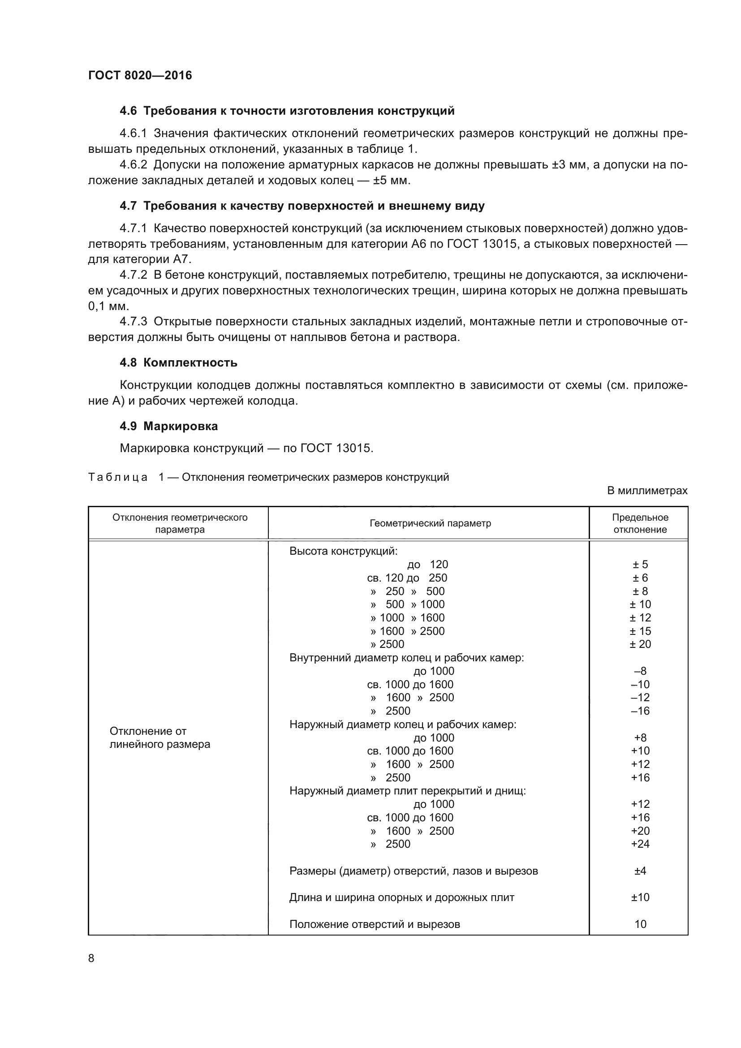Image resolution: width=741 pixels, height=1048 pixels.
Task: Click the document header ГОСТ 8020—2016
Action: point(140,75)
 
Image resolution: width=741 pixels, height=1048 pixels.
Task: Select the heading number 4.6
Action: point(128,111)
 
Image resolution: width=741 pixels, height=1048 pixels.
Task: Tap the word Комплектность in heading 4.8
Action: point(190,362)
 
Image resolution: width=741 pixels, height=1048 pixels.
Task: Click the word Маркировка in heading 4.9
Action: point(181,426)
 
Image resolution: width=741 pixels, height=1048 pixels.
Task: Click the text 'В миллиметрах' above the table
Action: point(647,491)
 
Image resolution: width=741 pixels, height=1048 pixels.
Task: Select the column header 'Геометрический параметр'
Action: point(430,523)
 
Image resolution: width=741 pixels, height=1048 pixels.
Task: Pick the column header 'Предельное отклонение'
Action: point(640,523)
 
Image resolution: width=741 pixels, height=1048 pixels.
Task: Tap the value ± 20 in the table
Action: point(640,644)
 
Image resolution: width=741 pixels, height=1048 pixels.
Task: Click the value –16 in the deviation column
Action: point(640,711)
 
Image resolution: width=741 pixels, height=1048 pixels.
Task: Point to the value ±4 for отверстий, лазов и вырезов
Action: point(640,871)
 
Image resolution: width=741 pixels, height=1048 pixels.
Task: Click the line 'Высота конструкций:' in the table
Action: point(343,551)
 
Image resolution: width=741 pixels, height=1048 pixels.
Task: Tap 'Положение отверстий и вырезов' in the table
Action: point(374,924)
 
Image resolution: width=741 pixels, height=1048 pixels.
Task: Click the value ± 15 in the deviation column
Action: point(640,631)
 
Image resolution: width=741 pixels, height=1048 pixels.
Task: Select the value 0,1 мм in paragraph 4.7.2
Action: point(108,306)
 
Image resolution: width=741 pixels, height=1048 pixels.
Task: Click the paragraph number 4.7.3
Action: point(133,322)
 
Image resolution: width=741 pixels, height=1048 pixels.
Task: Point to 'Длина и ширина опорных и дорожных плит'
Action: point(401,897)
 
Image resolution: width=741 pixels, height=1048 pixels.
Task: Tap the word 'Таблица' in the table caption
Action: point(118,478)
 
